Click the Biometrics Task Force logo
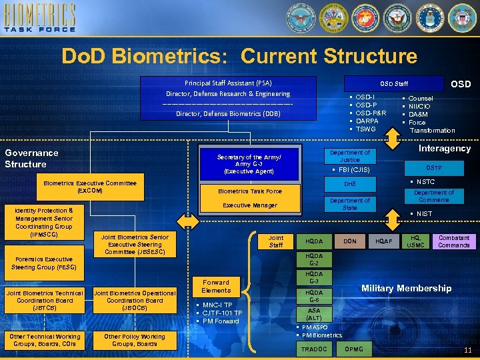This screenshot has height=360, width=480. coord(42,19)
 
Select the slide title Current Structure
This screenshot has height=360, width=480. coord(239,56)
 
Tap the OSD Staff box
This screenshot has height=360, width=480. coord(393,83)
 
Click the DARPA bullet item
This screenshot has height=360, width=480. coord(367,121)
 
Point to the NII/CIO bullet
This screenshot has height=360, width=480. coord(419,106)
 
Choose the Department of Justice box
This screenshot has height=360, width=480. coord(349,156)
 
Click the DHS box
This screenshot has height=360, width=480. coord(349,183)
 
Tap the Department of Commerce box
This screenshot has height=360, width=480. coord(433,196)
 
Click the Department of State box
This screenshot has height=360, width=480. coord(349,204)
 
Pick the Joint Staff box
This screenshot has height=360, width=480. coord(275,241)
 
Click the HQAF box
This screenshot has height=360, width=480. coord(383,241)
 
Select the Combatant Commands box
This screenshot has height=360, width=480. coord(453,241)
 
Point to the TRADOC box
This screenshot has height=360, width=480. coord(314,349)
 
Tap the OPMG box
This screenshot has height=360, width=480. coord(354,349)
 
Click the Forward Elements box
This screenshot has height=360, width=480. coord(215,286)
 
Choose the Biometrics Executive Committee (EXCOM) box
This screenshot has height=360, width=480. coord(89,187)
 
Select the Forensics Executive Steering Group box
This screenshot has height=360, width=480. coord(44,263)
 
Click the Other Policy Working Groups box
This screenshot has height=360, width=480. coord(134,340)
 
